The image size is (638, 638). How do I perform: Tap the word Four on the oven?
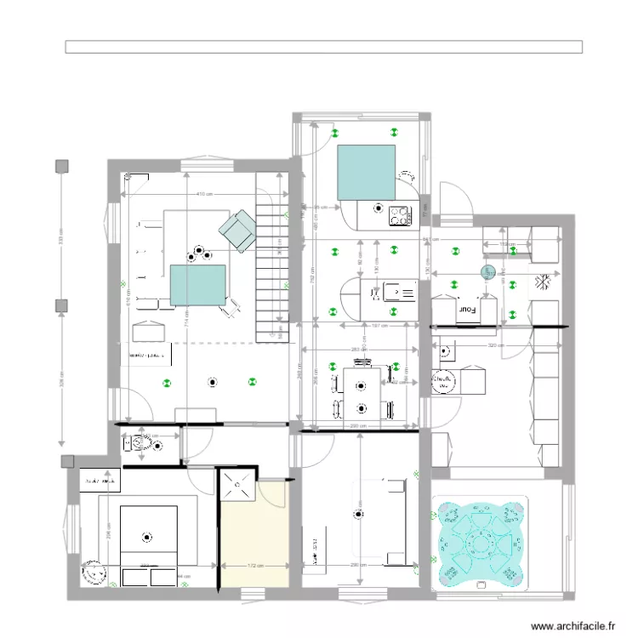(x=466, y=311)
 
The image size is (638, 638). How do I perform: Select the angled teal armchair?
(x=237, y=231)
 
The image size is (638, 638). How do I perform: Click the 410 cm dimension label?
(x=203, y=195)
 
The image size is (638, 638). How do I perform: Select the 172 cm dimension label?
(x=254, y=564)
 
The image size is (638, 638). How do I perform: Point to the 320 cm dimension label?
(x=491, y=346)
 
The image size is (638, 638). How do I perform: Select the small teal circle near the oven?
(x=487, y=272)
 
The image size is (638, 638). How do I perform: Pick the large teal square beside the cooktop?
(x=367, y=173)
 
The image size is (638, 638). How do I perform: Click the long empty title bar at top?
(x=323, y=47)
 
